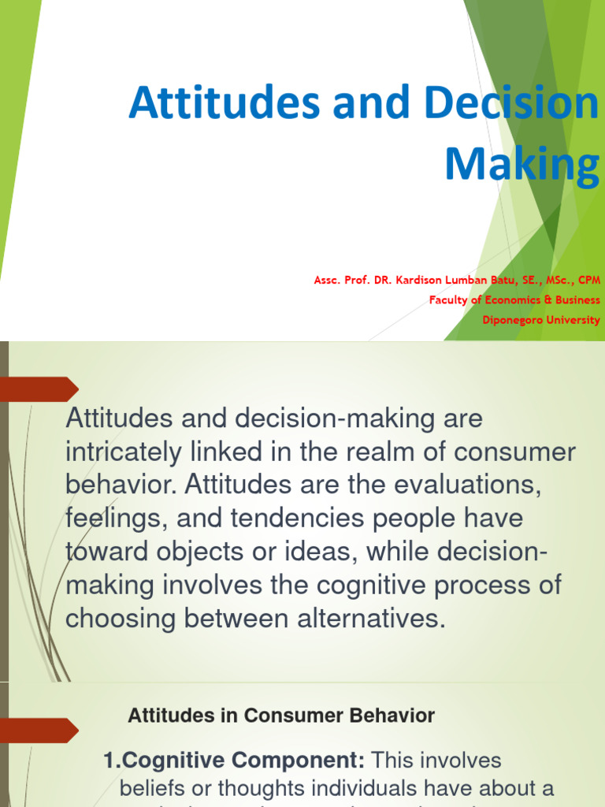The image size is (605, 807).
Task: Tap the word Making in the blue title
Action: coord(522,163)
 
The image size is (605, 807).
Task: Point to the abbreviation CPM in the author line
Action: coord(588,279)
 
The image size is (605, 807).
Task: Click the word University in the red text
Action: coord(573,320)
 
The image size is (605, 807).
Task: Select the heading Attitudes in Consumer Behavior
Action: coord(281,716)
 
